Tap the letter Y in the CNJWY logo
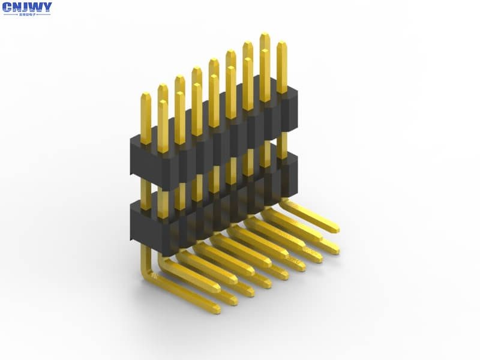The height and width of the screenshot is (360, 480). click(46, 8)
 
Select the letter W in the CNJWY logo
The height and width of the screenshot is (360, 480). click(35, 8)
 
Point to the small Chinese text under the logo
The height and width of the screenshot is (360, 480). click(27, 15)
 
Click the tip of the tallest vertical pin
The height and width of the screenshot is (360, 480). click(265, 36)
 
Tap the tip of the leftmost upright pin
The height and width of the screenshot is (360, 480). click(146, 95)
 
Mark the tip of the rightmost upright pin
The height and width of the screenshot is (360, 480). click(281, 44)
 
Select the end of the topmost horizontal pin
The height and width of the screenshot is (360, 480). click(334, 227)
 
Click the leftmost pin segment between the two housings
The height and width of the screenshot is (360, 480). click(145, 189)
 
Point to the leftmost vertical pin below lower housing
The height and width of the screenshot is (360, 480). click(145, 255)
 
